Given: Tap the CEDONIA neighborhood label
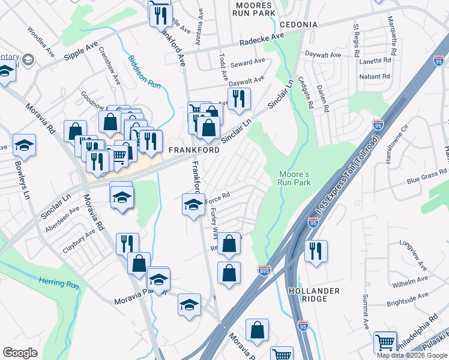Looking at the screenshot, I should pos(298,25).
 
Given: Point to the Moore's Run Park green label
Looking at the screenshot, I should pos(294,178).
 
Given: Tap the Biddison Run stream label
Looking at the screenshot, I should pos(144,73).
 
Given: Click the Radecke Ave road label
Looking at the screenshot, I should pos(262,40).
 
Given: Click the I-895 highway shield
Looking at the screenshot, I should pos(264,271).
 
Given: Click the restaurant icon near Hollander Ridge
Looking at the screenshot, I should pos(316,251).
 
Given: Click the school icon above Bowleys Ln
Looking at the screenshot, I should pos(24,145).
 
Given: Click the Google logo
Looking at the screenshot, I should pos(20,353).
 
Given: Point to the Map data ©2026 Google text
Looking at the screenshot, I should pos(412,355).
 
